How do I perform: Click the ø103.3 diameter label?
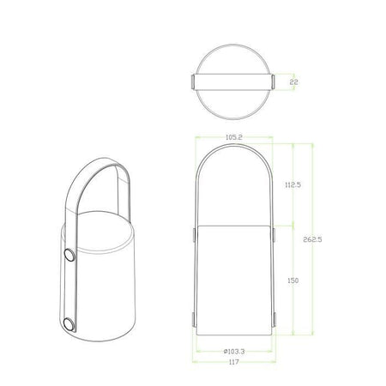point(233,351)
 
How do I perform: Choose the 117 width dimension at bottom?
point(234,363)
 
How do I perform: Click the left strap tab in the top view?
point(192,82)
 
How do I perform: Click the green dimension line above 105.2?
point(233,142)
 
